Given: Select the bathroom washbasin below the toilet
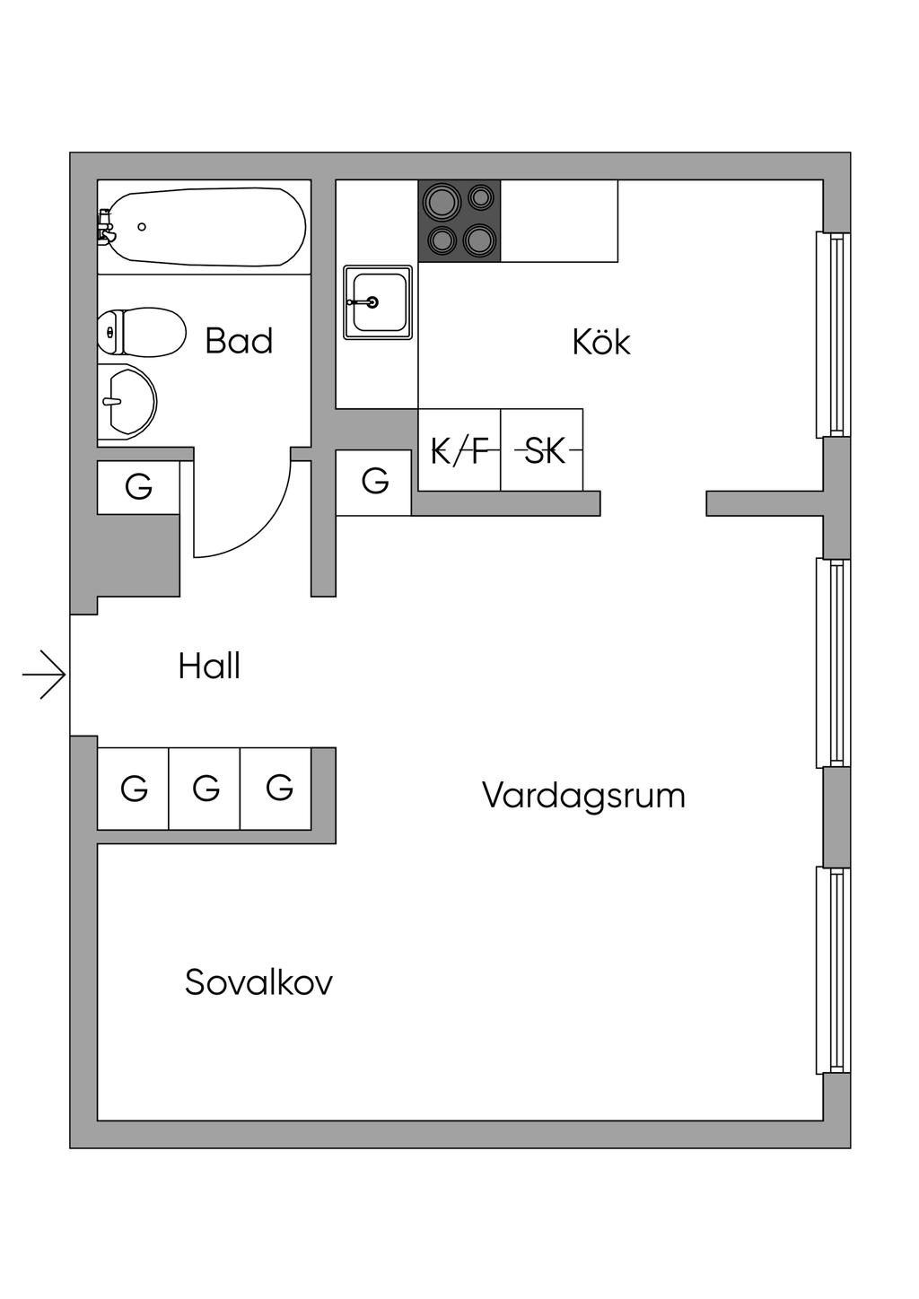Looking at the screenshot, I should [x=127, y=403].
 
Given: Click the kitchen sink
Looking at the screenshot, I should [x=378, y=302].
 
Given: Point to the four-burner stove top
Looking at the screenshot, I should [x=459, y=221].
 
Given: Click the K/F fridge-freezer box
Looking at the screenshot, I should [x=459, y=450].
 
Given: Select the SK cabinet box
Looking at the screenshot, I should [x=542, y=450].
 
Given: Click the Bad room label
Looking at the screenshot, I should [x=239, y=341].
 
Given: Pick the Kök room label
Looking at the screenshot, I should [x=601, y=342].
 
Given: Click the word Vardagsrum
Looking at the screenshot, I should [x=583, y=796].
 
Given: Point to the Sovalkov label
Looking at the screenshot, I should [x=258, y=982].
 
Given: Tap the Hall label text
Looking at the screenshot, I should [x=209, y=667].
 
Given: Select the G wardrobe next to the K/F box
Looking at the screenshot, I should [x=374, y=483].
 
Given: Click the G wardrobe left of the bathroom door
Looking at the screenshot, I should [x=139, y=487].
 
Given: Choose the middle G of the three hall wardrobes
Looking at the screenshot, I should [x=206, y=789].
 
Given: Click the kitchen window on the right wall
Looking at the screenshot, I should [x=833, y=335].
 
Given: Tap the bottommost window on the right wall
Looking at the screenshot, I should [x=833, y=970].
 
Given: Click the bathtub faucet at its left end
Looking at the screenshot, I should [x=106, y=226].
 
